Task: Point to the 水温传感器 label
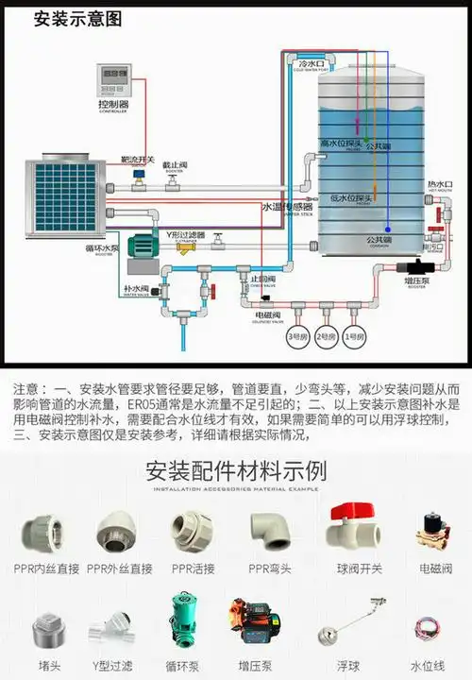click(286, 206)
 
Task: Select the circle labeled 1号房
click(353, 335)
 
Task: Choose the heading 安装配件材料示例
click(236, 469)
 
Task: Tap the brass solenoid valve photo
click(433, 531)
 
